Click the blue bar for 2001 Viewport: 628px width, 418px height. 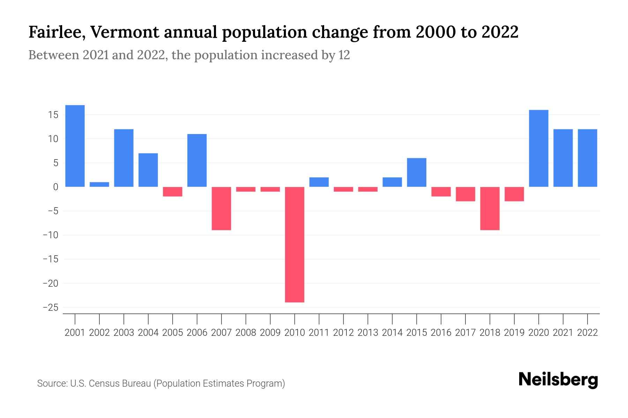75,146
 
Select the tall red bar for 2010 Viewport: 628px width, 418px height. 294,245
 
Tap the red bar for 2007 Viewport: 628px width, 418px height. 221,208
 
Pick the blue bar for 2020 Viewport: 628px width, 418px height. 539,148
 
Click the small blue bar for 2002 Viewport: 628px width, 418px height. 99,185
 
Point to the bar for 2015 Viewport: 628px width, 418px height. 417,172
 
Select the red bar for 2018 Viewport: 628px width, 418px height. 490,208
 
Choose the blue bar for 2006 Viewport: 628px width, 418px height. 197,161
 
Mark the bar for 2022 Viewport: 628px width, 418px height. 588,158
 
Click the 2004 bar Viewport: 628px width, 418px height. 148,170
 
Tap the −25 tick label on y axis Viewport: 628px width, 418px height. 50,308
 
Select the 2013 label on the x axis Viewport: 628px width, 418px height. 368,333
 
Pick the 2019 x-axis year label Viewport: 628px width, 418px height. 514,333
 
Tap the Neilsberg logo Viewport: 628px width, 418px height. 558,380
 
